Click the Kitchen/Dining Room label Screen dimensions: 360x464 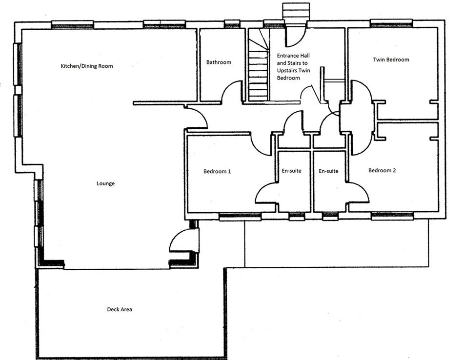click(87, 66)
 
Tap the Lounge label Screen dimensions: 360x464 click(105, 184)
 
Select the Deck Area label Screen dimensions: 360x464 click(120, 309)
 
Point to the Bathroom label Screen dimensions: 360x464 click(219, 62)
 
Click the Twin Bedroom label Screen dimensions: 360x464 click(391, 60)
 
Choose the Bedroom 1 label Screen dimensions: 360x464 click(217, 172)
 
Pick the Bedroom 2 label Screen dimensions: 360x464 click(382, 171)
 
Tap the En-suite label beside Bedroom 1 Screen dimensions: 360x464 click(292, 171)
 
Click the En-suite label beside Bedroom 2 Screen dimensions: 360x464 click(328, 171)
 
